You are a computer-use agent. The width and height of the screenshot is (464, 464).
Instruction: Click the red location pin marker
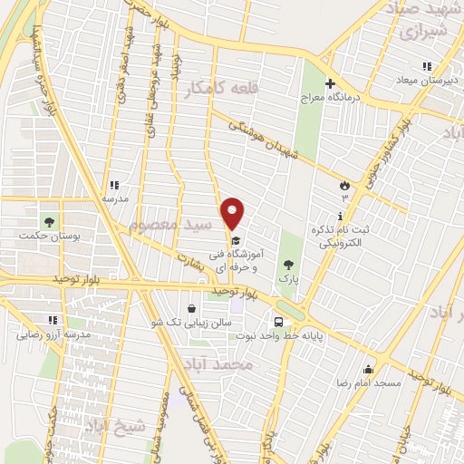coord(233,212)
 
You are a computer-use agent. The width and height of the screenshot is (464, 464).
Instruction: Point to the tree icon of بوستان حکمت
coord(49,220)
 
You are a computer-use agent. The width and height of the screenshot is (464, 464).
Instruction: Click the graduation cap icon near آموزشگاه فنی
coord(236,241)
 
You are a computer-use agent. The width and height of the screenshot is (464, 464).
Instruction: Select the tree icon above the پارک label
coord(289,265)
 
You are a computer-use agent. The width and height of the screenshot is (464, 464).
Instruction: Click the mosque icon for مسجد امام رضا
coord(368,369)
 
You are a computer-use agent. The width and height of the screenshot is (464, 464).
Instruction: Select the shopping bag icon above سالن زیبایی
coord(190,308)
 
